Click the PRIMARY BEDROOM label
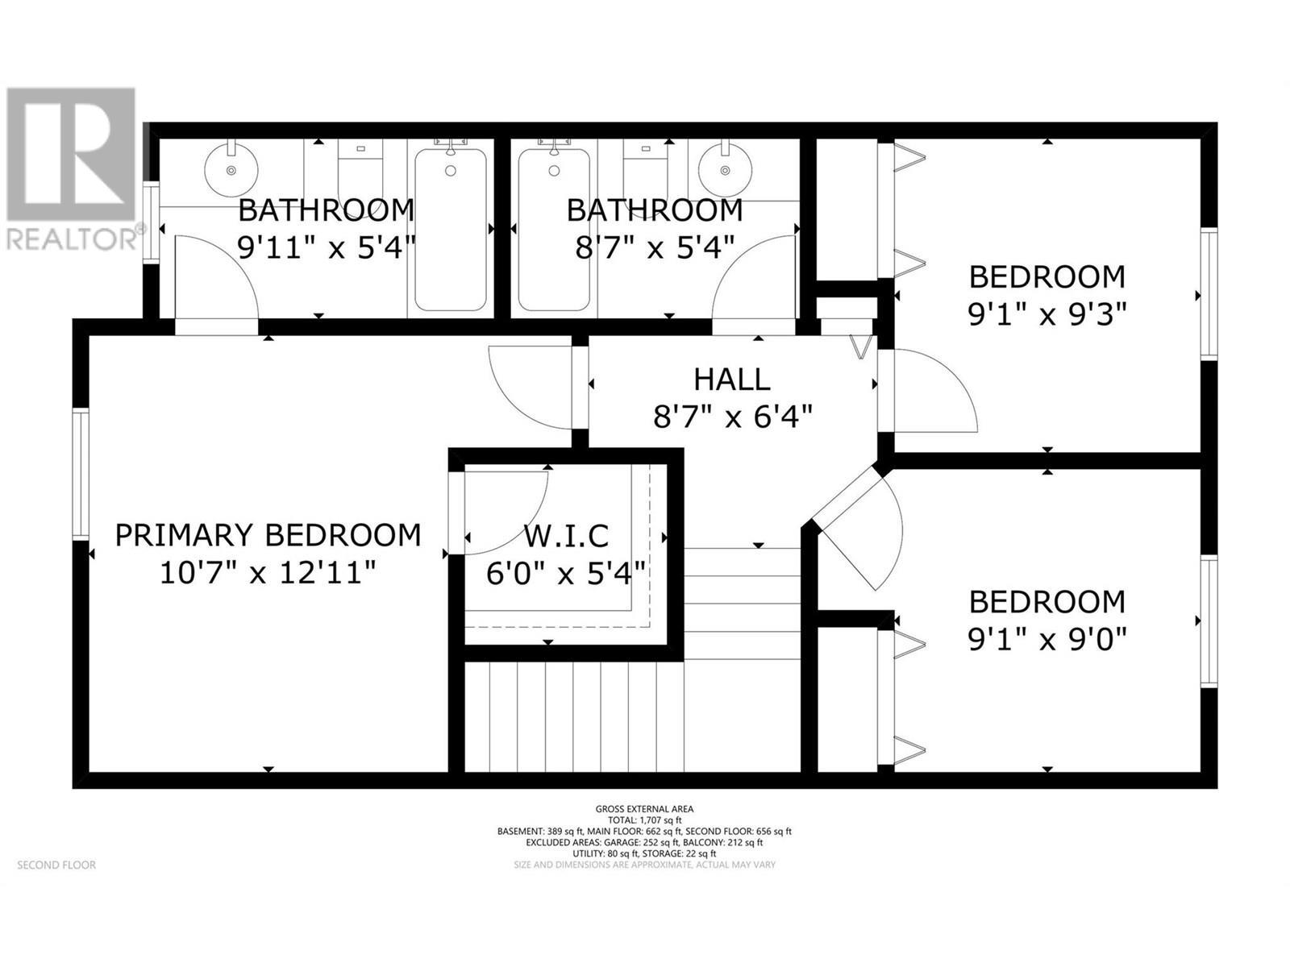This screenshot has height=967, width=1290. pyautogui.click(x=268, y=535)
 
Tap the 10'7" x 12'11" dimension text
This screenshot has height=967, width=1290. pyautogui.click(x=268, y=574)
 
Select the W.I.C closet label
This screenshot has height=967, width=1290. pyautogui.click(x=566, y=535)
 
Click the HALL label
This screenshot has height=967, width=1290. pyautogui.click(x=731, y=379)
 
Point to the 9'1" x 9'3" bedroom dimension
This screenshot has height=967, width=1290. pyautogui.click(x=1047, y=314)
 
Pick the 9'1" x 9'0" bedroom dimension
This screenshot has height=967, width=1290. pyautogui.click(x=1047, y=640)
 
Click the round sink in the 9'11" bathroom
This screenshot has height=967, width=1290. pyautogui.click(x=232, y=170)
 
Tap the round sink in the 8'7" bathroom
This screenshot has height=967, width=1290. pyautogui.click(x=726, y=170)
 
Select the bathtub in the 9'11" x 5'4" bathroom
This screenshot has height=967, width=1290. pyautogui.click(x=451, y=230)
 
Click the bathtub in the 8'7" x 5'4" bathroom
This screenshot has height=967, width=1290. pyautogui.click(x=554, y=230)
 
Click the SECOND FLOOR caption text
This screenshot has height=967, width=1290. pyautogui.click(x=56, y=865)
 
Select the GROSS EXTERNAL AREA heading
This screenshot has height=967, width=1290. pyautogui.click(x=644, y=809)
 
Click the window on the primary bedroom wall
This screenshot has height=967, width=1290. pyautogui.click(x=80, y=474)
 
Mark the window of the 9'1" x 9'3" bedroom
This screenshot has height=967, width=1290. pyautogui.click(x=1208, y=294)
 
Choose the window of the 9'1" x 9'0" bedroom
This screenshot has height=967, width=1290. pyautogui.click(x=1208, y=620)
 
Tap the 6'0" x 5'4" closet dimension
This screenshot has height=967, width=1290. pyautogui.click(x=566, y=574)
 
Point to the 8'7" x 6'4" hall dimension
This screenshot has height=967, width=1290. pyautogui.click(x=731, y=417)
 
